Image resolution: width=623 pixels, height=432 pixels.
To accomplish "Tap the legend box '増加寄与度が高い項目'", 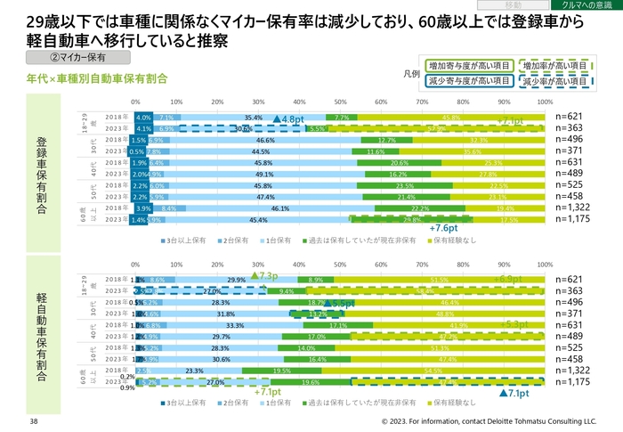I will [468, 65].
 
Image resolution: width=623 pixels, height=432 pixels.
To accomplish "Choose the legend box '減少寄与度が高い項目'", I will [468, 81].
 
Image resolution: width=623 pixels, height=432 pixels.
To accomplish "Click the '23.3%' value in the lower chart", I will [195, 370].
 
